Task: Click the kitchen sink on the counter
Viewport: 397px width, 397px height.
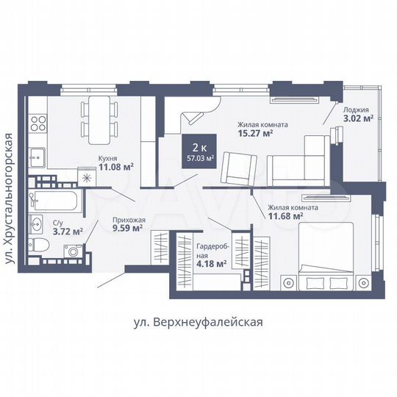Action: pyautogui.click(x=37, y=156)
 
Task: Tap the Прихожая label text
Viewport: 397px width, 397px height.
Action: pyautogui.click(x=128, y=219)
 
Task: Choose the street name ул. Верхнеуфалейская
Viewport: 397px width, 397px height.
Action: pyautogui.click(x=198, y=321)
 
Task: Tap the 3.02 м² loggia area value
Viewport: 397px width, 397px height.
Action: pyautogui.click(x=358, y=118)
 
